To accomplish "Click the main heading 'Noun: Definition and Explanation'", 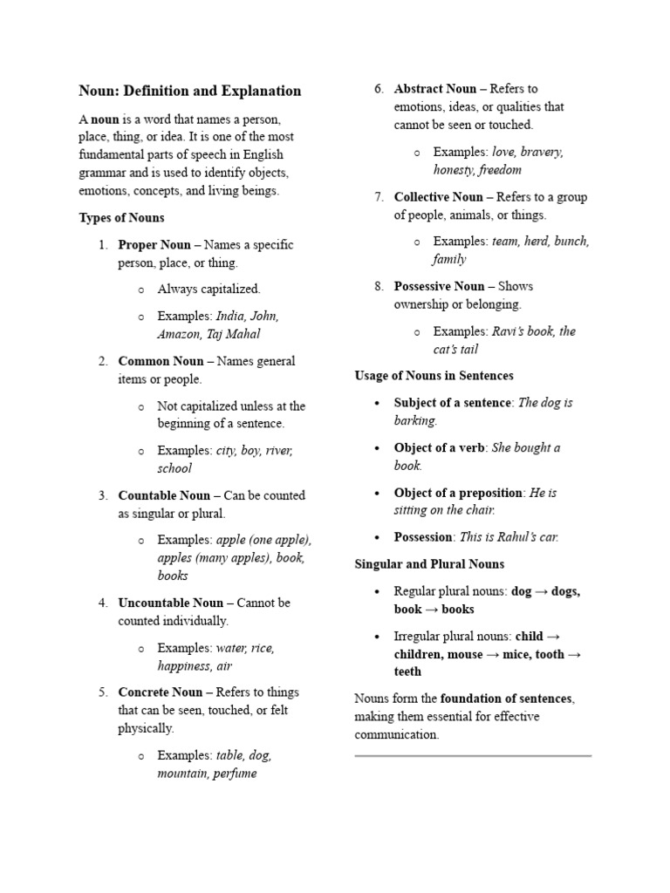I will pos(189,91).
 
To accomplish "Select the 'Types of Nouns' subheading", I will pos(121,217).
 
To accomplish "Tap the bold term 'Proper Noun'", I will pos(154,244).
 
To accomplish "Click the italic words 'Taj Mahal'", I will pos(232,333).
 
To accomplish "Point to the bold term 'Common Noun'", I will pos(161,361).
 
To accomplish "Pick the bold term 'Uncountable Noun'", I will pos(171,603).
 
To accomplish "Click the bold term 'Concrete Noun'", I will pos(160,692).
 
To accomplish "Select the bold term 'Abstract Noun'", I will pos(435,88).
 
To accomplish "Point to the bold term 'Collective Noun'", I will pos(438,196).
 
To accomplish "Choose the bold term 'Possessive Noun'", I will pos(439,286).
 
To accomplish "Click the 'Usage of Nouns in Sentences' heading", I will pos(434,376).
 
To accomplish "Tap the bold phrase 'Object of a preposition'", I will pos(458,493).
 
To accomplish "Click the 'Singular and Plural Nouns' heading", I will pos(429,564).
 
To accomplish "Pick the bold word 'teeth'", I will pos(407,671).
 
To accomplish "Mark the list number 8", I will pos(379,286).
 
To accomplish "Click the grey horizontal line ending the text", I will pos(473,755).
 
